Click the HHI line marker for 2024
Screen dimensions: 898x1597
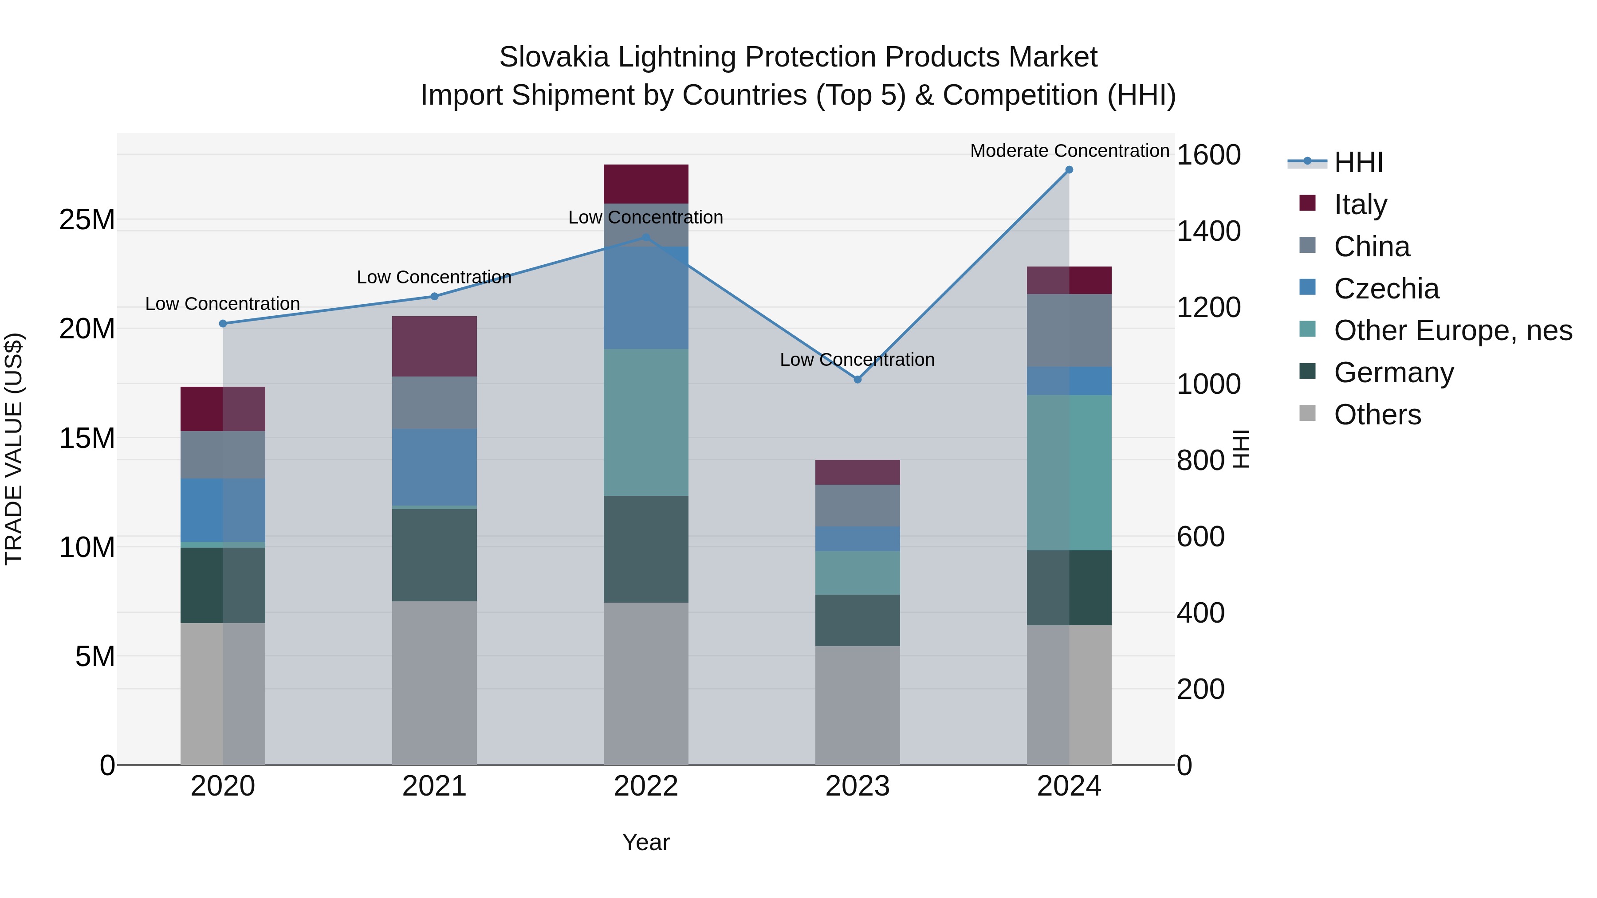(1069, 170)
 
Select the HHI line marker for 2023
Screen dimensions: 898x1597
(858, 379)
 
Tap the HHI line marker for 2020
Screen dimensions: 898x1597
(223, 324)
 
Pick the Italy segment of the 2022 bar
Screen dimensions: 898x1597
(646, 184)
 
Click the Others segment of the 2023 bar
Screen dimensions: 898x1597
(858, 705)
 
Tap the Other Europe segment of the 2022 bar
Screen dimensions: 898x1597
(646, 422)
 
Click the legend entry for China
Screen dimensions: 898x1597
(1371, 247)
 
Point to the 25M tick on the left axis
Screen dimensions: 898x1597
(87, 220)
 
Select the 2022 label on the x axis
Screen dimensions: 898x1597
(646, 786)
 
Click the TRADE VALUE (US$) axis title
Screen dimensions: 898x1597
(14, 449)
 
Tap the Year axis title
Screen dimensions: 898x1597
(646, 842)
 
